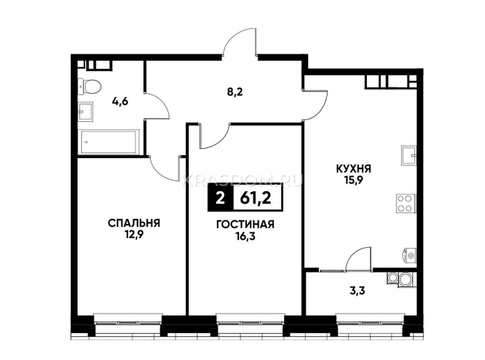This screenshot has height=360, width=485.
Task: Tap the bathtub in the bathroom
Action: click(x=108, y=142)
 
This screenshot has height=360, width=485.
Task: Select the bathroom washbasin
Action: click(x=85, y=112)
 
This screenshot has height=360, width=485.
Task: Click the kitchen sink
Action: click(x=409, y=156)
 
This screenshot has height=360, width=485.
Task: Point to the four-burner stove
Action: click(x=406, y=204)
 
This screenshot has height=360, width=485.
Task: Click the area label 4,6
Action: click(x=120, y=102)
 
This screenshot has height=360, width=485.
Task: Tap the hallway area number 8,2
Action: click(x=235, y=92)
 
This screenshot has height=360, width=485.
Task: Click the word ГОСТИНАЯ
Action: click(x=245, y=225)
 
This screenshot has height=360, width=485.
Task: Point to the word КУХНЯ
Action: click(x=353, y=169)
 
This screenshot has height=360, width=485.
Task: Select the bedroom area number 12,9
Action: click(x=134, y=235)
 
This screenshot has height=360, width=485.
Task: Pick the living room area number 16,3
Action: click(x=245, y=236)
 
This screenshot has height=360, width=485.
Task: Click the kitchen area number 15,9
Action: click(x=353, y=181)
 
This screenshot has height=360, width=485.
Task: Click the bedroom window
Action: click(x=128, y=323)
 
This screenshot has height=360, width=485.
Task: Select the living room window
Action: click(x=250, y=323)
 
